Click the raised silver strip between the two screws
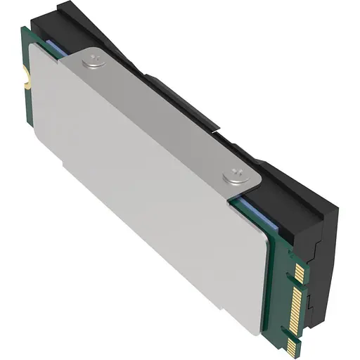[162, 116]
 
